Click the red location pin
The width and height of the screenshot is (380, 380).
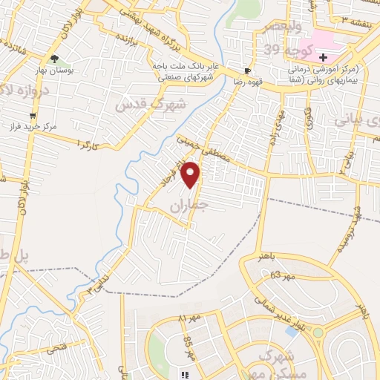click(192, 175)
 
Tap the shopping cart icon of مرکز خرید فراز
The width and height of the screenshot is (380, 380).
click(33, 116)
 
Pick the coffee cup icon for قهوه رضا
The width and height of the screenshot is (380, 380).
click(246, 71)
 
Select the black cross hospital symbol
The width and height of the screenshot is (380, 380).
click(323, 57)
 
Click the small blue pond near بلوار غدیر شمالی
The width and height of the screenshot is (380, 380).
click(290, 331)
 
